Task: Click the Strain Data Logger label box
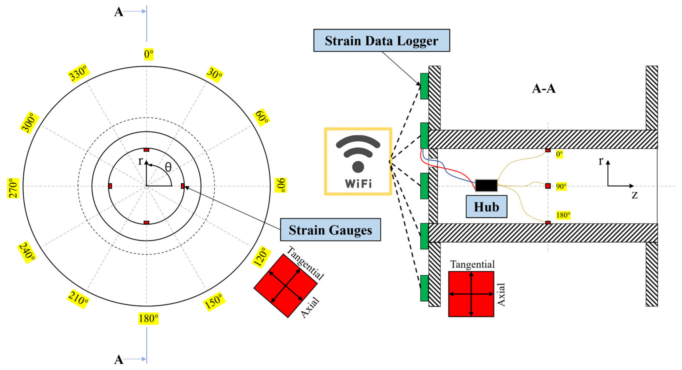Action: point(381,40)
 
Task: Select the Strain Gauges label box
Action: point(330,230)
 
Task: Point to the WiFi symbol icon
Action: point(358,162)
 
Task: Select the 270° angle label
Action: point(13,188)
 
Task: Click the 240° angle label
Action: point(27,252)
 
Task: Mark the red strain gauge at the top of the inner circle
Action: point(146,150)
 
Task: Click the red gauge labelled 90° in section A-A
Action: point(548,186)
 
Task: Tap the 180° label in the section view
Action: point(563,215)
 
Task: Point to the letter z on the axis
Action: point(634,195)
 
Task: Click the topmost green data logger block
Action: point(424,86)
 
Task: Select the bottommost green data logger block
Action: point(424,288)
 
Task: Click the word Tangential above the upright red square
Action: point(472,264)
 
